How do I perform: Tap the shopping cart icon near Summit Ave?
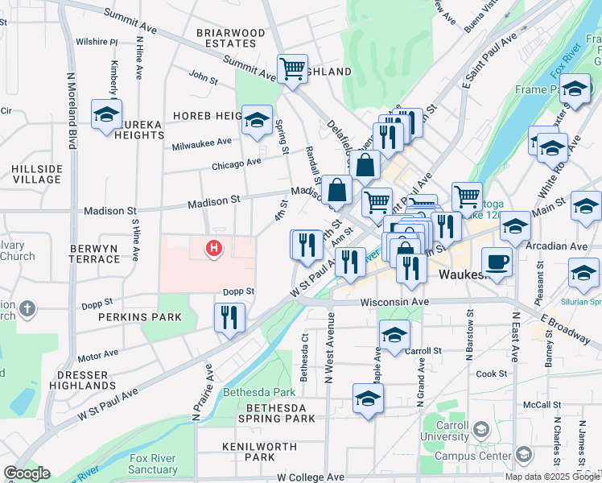292,68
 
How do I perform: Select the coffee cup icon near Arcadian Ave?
497,261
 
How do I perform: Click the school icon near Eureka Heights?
106,114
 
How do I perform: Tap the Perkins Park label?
130,318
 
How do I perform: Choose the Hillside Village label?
37,174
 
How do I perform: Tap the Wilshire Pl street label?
97,41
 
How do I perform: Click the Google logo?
27,474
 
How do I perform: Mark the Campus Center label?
473,456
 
